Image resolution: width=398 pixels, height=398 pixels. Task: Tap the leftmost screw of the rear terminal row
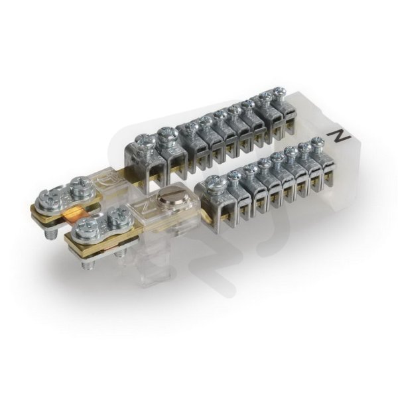(x=145, y=141)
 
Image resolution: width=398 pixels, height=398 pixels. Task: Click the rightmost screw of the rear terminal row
(x=280, y=92)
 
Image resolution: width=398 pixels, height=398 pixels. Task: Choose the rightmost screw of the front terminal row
(x=318, y=141)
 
